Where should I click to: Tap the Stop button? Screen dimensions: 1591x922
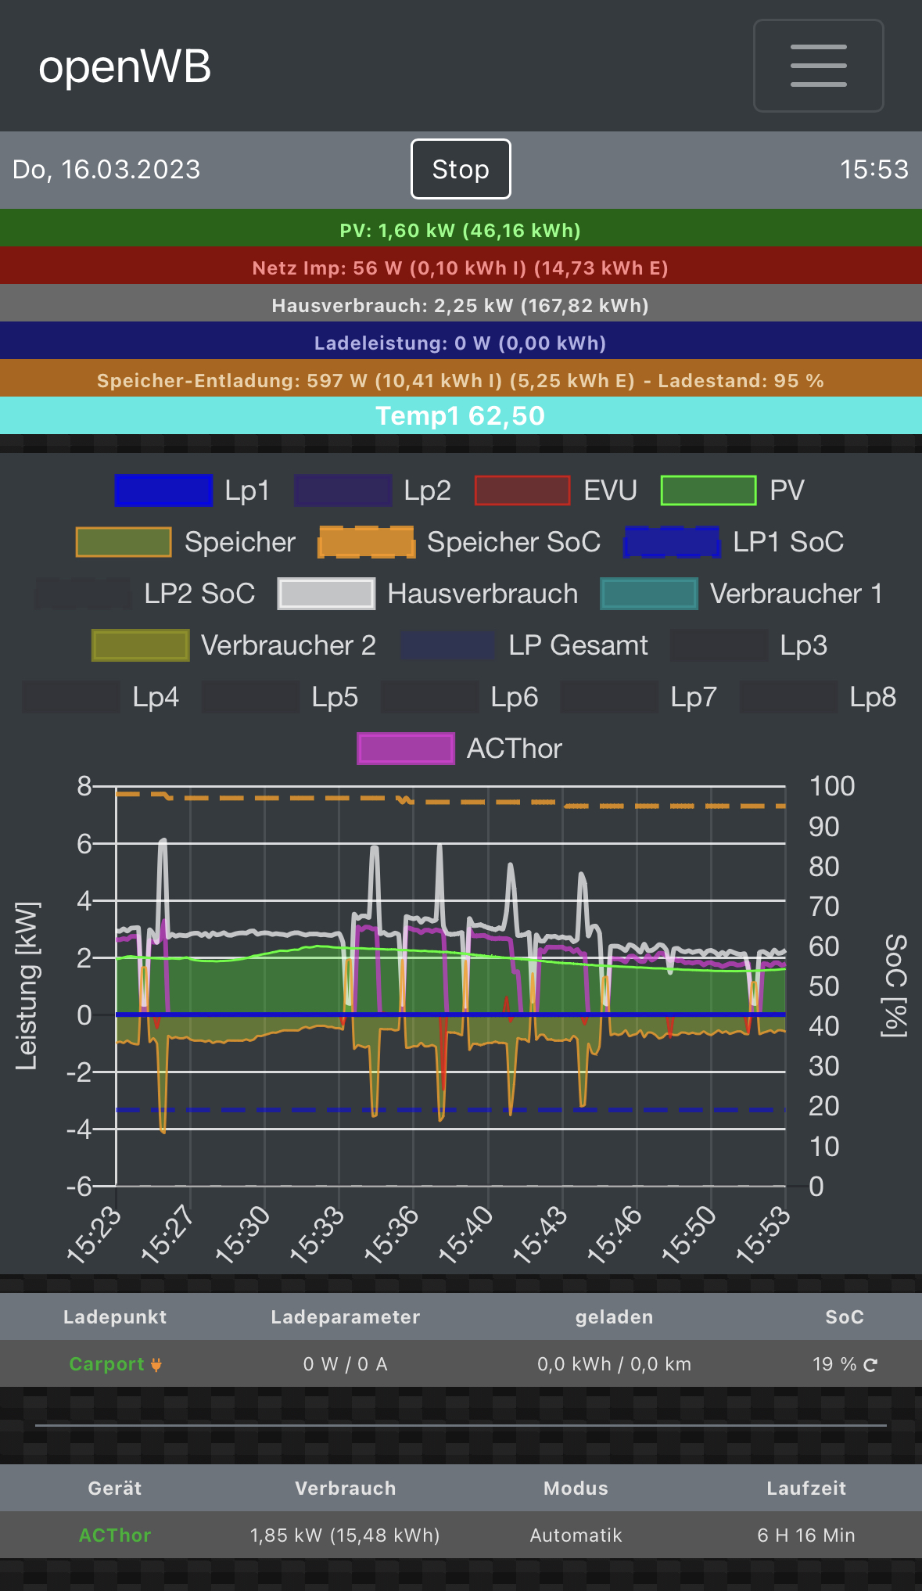click(461, 169)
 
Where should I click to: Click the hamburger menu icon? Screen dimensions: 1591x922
click(818, 66)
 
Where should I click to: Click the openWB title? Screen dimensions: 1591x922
click(125, 66)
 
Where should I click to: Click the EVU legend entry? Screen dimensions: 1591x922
click(555, 490)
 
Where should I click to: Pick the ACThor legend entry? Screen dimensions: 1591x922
click(460, 749)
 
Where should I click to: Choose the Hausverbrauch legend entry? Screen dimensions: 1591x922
click(428, 594)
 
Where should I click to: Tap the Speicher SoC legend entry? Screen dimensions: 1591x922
click(459, 542)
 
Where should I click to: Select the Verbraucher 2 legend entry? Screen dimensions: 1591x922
click(234, 645)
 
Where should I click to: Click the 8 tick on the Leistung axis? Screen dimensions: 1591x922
click(84, 786)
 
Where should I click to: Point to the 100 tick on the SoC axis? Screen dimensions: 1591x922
click(831, 786)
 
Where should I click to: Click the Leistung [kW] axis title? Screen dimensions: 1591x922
click(27, 986)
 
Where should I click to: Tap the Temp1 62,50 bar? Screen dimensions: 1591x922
click(461, 415)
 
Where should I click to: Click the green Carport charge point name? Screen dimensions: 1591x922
click(107, 1364)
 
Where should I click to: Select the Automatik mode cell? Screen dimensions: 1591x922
click(576, 1535)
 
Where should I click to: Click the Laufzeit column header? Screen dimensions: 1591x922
click(806, 1489)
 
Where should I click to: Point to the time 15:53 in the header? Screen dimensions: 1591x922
click(874, 169)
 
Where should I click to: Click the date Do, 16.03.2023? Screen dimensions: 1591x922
click(106, 169)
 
